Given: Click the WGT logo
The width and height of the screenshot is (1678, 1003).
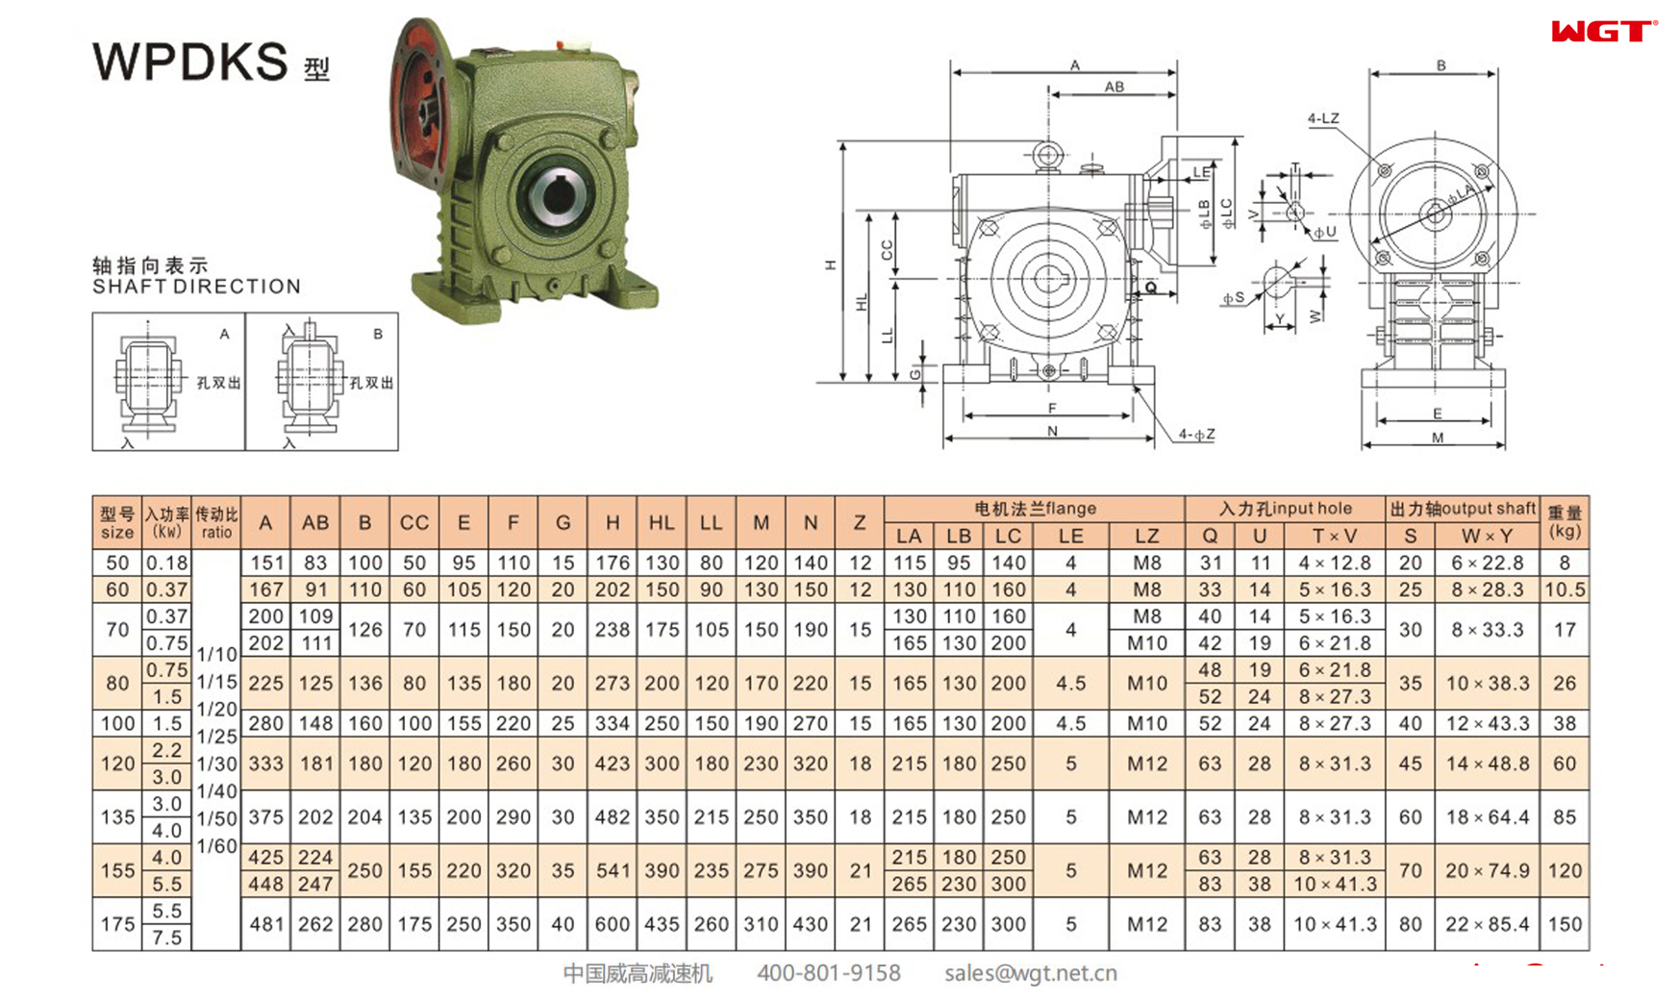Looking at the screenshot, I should [1602, 32].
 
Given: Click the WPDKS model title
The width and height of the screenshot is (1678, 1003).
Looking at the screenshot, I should [190, 63].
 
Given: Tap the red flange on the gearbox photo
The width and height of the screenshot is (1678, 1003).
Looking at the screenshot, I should [415, 106].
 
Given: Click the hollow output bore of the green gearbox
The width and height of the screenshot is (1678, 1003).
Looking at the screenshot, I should [559, 195].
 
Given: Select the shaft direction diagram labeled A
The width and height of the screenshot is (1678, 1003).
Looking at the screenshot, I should [168, 382].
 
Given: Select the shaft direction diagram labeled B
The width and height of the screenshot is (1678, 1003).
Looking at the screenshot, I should [322, 382].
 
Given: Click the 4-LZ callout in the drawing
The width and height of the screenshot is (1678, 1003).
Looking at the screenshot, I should [1323, 119].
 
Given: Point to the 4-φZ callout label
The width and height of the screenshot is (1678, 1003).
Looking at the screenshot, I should [1196, 435].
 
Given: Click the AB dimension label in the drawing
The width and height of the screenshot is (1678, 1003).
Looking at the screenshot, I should [1114, 87].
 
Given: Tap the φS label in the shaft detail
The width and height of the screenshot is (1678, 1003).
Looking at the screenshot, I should [1233, 299].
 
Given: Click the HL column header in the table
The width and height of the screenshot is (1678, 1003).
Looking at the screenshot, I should [662, 522].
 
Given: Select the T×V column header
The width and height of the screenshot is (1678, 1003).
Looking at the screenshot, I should [1335, 536].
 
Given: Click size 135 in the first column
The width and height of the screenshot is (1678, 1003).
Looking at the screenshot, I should [117, 816].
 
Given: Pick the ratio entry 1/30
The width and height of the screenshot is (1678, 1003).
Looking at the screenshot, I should [217, 764].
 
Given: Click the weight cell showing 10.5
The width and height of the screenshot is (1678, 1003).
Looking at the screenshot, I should [1565, 589].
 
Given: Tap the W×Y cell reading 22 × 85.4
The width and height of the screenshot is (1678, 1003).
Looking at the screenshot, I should [1487, 924].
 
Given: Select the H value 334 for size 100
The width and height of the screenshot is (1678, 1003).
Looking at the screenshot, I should [612, 723].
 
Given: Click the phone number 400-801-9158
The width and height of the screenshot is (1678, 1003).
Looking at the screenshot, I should [829, 973].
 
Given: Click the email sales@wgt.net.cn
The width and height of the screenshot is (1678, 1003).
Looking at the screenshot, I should [1031, 973].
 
